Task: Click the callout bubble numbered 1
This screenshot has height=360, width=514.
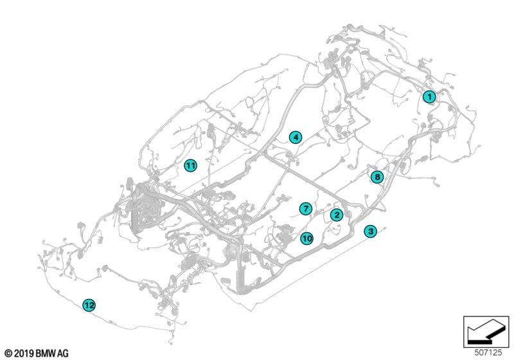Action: pyautogui.click(x=429, y=96)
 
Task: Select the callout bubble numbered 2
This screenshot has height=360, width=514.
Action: pyautogui.click(x=337, y=215)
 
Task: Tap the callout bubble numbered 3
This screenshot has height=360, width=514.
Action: pyautogui.click(x=371, y=231)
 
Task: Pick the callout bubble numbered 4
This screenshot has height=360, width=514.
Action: pyautogui.click(x=296, y=138)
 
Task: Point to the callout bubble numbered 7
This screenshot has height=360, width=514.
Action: pyautogui.click(x=306, y=208)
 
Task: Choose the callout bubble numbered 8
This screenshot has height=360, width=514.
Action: pyautogui.click(x=377, y=177)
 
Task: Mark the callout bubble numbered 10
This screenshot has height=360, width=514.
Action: pyautogui.click(x=307, y=239)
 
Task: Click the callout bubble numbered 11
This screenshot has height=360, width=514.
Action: pyautogui.click(x=190, y=165)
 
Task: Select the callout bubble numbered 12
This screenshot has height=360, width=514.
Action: pyautogui.click(x=89, y=305)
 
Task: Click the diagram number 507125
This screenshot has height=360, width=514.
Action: pyautogui.click(x=488, y=353)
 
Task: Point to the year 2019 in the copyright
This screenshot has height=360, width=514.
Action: pyautogui.click(x=24, y=354)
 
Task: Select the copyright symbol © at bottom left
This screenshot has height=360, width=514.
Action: pyautogui.click(x=9, y=354)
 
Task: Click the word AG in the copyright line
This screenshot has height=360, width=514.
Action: pyautogui.click(x=63, y=354)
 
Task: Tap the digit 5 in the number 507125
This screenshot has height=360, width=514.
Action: pyautogui.click(x=477, y=353)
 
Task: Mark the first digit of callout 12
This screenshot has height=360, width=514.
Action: pyautogui.click(x=87, y=305)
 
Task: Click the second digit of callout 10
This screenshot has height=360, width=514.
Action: pyautogui.click(x=309, y=239)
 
